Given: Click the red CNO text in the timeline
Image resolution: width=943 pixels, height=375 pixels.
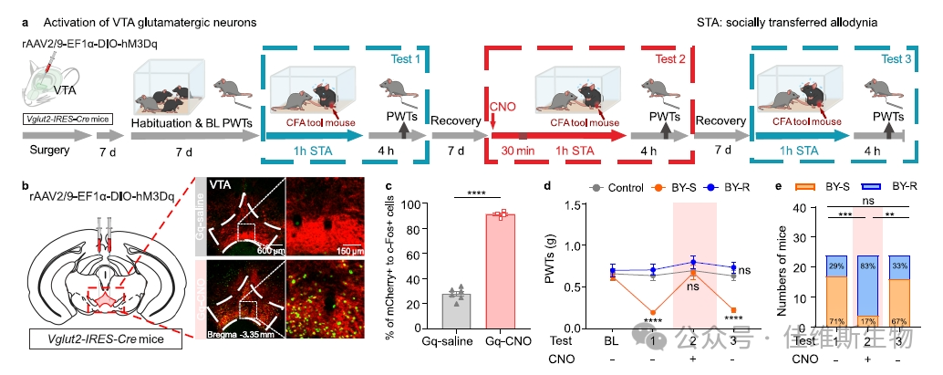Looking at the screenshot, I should [503, 106].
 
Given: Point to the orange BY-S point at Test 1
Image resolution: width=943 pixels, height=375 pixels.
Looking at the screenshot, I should [653, 312].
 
